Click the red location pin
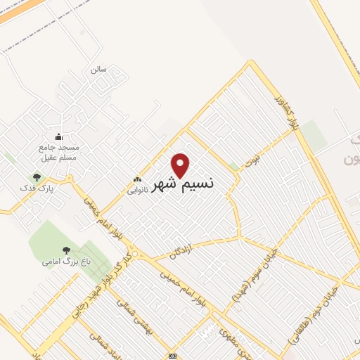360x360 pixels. click(181, 165)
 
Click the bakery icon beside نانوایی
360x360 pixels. click(138, 179)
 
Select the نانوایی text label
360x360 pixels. click(136, 190)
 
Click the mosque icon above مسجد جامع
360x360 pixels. click(58, 137)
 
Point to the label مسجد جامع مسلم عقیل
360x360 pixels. click(58, 153)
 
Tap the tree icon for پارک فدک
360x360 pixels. click(37, 176)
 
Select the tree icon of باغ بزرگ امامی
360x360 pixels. click(66, 250)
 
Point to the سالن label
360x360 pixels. click(97, 70)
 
